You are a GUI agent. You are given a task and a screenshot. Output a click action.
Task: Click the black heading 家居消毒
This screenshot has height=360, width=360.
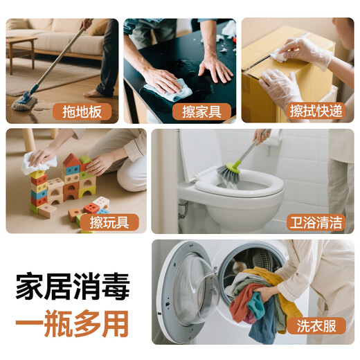point(73,286)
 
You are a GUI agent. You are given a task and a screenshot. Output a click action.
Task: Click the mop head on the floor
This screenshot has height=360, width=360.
point(25,103)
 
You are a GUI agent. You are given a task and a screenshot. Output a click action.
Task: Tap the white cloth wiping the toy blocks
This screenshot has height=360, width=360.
point(37,163)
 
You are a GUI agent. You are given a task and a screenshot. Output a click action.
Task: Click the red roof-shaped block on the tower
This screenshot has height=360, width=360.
point(70,161)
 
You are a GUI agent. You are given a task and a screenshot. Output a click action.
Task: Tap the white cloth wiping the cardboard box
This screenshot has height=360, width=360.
point(280,53)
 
